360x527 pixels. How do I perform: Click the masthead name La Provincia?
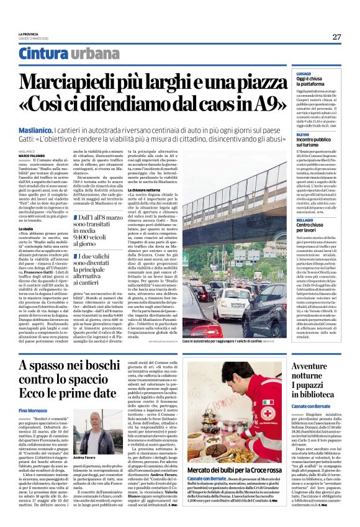(29, 34)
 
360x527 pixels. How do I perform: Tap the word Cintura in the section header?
(43, 54)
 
